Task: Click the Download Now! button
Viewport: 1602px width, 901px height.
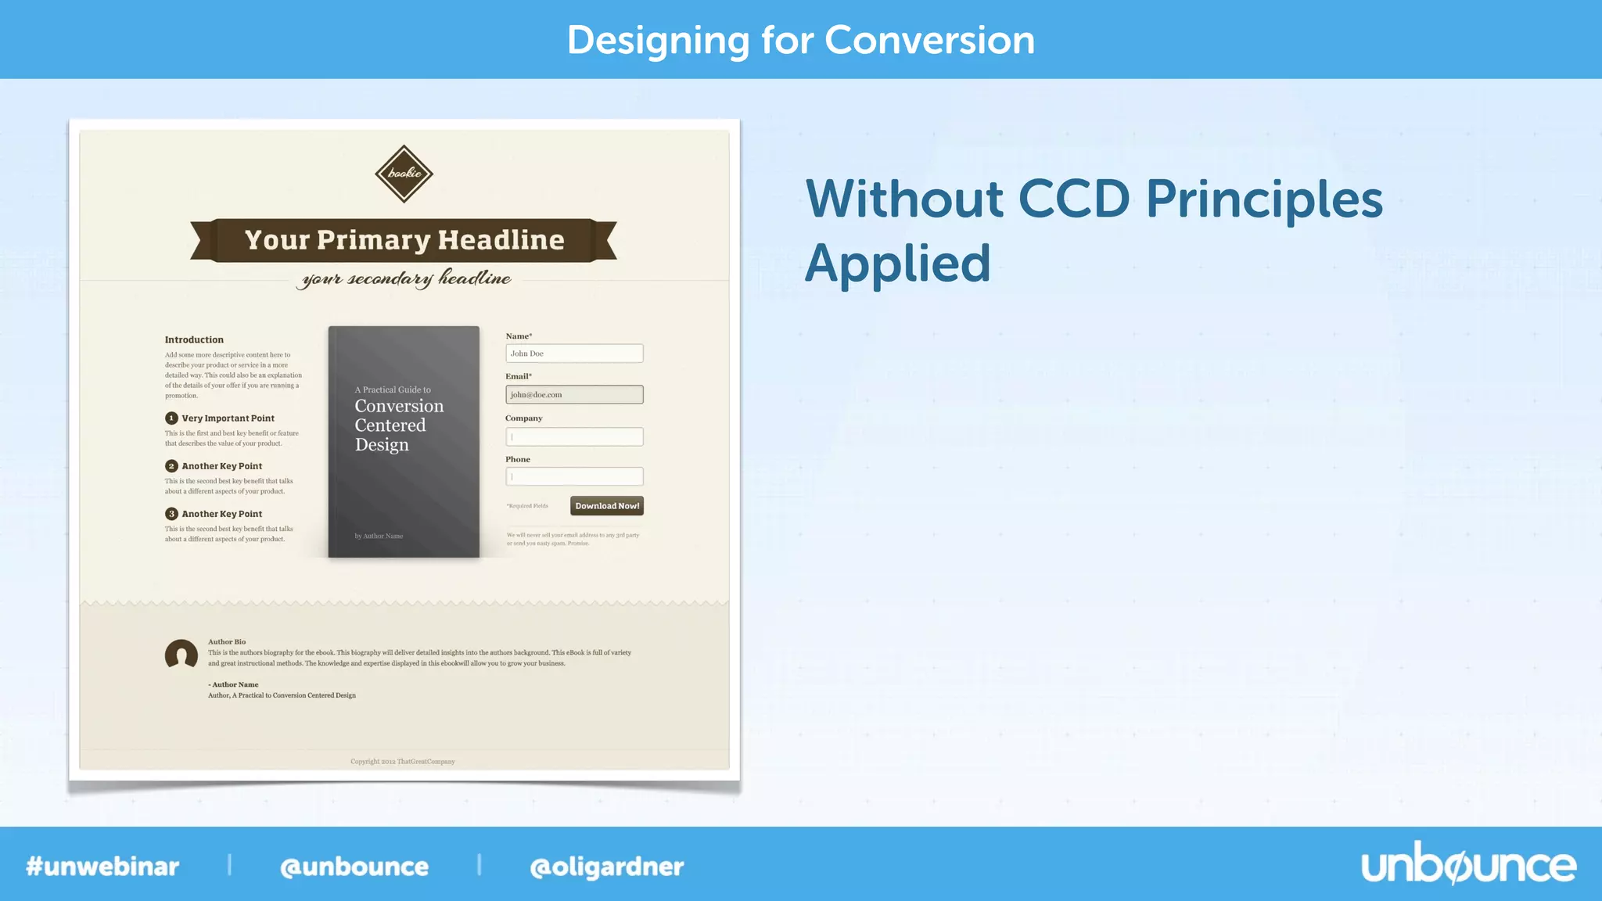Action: click(x=607, y=506)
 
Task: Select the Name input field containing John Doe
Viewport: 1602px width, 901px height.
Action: click(x=574, y=354)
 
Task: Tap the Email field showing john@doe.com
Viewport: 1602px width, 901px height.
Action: click(x=574, y=395)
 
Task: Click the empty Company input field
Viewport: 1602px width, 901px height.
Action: click(x=574, y=436)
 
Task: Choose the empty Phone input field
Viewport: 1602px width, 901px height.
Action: click(x=574, y=476)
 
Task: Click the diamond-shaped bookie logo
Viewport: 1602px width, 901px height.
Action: click(x=404, y=174)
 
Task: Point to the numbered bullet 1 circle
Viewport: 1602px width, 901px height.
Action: click(x=171, y=418)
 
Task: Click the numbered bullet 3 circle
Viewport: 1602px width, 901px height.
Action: click(x=171, y=514)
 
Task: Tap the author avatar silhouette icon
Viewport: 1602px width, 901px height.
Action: click(x=181, y=655)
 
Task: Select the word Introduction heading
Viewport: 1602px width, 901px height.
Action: click(x=194, y=339)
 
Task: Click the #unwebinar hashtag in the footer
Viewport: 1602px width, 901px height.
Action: click(x=102, y=867)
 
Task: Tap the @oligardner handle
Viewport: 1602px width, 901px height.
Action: click(x=607, y=867)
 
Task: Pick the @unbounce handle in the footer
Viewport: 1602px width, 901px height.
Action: click(x=354, y=867)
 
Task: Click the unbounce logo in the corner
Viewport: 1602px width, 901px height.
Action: click(x=1468, y=866)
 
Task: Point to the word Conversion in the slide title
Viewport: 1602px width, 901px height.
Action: click(x=929, y=40)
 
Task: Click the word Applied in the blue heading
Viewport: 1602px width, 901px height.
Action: click(x=897, y=264)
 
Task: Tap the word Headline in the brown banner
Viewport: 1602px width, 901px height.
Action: click(x=501, y=239)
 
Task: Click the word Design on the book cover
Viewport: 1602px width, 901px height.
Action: click(x=382, y=445)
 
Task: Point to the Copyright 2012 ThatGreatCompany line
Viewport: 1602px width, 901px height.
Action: click(x=403, y=761)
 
